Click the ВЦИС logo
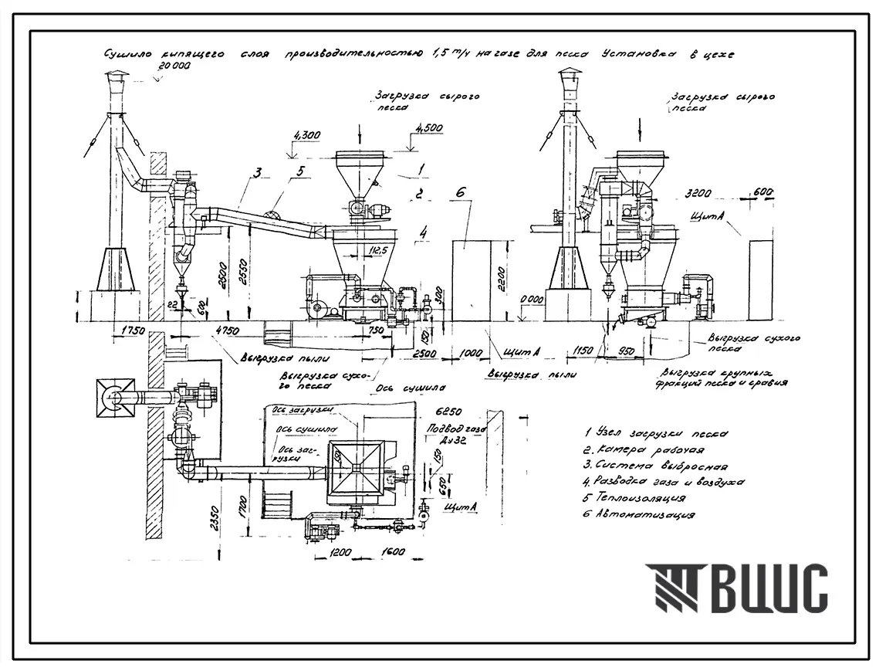tap(737, 588)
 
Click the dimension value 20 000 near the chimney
tap(174, 66)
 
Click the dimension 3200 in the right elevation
tap(697, 191)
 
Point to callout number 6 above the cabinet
tap(461, 192)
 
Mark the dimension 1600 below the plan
tap(392, 553)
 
